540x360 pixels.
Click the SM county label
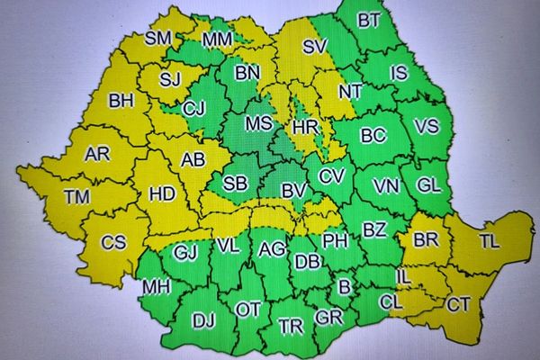tap(158, 39)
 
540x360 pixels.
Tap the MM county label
tap(217, 40)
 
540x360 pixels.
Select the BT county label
tap(369, 21)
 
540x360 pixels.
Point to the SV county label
tap(314, 47)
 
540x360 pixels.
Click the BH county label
tap(121, 101)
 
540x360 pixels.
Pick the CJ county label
tap(193, 109)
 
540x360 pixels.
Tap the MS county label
tap(259, 122)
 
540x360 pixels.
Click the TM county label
tap(78, 197)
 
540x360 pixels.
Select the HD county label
tap(162, 193)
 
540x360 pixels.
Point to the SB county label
tap(235, 184)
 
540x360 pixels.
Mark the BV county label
tap(293, 191)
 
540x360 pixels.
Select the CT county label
tap(458, 305)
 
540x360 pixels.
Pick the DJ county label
tap(203, 319)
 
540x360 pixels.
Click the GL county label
tap(429, 184)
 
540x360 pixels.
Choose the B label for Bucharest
tap(343, 286)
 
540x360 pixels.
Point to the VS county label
tap(427, 127)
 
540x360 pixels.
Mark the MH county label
tap(155, 287)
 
